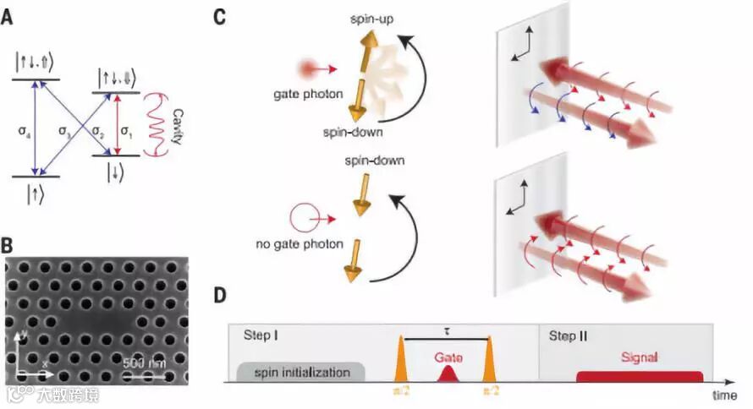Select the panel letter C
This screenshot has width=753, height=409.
[x=219, y=16]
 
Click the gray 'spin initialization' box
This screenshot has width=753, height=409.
[x=301, y=372]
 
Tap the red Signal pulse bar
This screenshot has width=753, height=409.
[x=640, y=374]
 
